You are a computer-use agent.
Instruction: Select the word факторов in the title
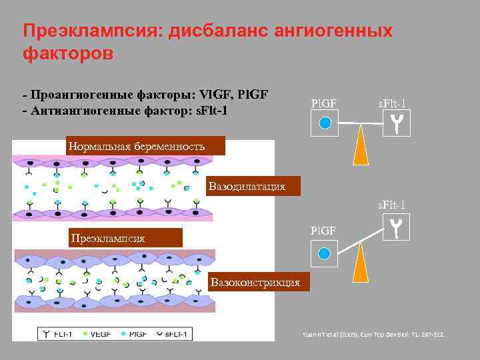click(x=68, y=53)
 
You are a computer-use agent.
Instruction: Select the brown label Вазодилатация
click(x=247, y=187)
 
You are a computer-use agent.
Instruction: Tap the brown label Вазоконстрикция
click(x=255, y=283)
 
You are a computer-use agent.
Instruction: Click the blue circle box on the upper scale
click(x=325, y=123)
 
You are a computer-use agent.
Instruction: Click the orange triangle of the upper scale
click(x=361, y=146)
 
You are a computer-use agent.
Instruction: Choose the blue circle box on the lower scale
click(x=324, y=253)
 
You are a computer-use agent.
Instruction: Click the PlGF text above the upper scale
click(x=325, y=103)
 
